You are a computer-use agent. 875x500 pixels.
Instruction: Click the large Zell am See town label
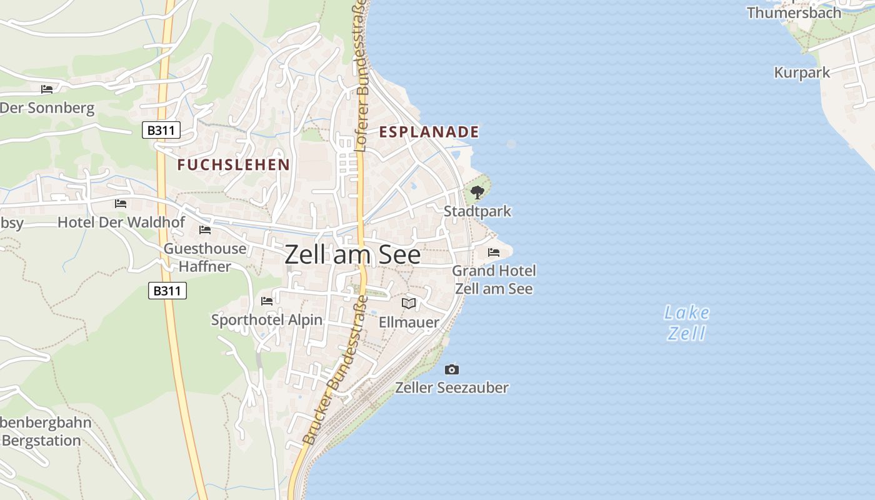(x=352, y=255)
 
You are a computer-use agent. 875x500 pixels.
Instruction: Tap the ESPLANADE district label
(x=429, y=132)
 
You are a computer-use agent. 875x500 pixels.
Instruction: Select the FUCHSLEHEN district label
(x=233, y=164)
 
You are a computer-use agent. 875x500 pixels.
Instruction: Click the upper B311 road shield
(x=161, y=130)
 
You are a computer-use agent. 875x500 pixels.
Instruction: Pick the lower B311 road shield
(x=167, y=291)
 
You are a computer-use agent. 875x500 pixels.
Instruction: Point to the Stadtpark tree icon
(x=477, y=192)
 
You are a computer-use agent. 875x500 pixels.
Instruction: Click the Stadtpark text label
(x=477, y=211)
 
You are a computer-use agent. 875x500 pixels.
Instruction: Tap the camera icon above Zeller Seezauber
(x=452, y=369)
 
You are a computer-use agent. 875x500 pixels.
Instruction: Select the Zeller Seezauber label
(x=452, y=387)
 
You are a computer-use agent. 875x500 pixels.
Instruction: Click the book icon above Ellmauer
(x=409, y=303)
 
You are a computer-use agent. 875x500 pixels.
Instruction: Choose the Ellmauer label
(x=409, y=322)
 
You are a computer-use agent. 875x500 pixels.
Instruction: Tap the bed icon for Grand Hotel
(x=494, y=252)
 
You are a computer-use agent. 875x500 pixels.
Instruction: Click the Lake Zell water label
(x=687, y=322)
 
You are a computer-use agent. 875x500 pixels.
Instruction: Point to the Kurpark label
(x=802, y=72)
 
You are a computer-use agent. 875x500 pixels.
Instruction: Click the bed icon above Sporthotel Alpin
(x=267, y=301)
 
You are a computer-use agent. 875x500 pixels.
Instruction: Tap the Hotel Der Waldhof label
(x=121, y=222)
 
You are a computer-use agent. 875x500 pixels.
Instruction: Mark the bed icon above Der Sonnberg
(x=47, y=89)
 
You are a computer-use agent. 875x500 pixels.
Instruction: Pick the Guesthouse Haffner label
(x=205, y=257)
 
